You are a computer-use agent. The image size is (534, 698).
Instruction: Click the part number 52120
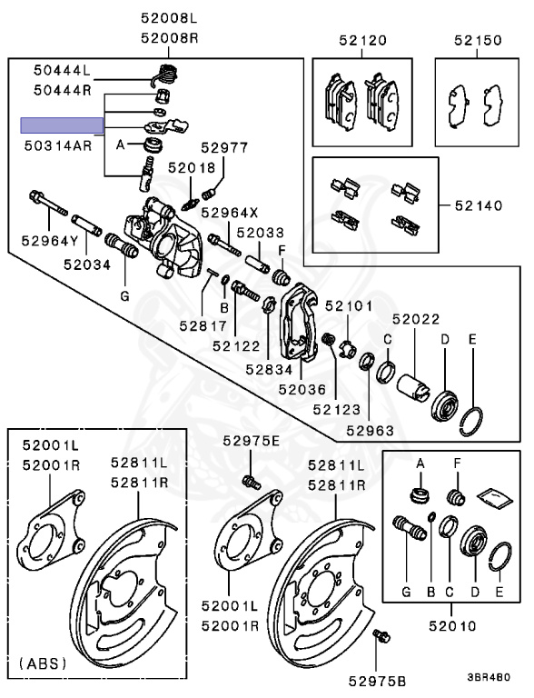point(362,41)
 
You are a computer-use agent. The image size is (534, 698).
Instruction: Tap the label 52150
point(478,41)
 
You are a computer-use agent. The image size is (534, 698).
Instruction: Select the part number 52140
point(479,205)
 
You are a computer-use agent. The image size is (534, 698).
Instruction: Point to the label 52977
point(224,147)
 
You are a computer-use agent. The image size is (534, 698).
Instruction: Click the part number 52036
point(302,390)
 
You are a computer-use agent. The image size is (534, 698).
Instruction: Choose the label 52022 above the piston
point(416,319)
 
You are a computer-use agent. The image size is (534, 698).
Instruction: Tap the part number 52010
point(452,626)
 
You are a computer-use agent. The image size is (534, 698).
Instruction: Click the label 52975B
point(378,681)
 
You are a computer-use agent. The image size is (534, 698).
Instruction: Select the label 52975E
point(252,441)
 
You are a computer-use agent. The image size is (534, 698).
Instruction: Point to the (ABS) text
point(44,663)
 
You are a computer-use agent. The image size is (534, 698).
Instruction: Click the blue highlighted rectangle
point(63,125)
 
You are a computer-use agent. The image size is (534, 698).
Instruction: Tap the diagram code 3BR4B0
point(489,677)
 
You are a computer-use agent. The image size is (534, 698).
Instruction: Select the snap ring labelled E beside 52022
point(471,421)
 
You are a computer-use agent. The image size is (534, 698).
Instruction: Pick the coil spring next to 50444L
point(165,75)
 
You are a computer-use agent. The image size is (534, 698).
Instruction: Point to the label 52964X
point(230,213)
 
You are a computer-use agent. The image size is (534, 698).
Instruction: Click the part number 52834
point(269,369)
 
